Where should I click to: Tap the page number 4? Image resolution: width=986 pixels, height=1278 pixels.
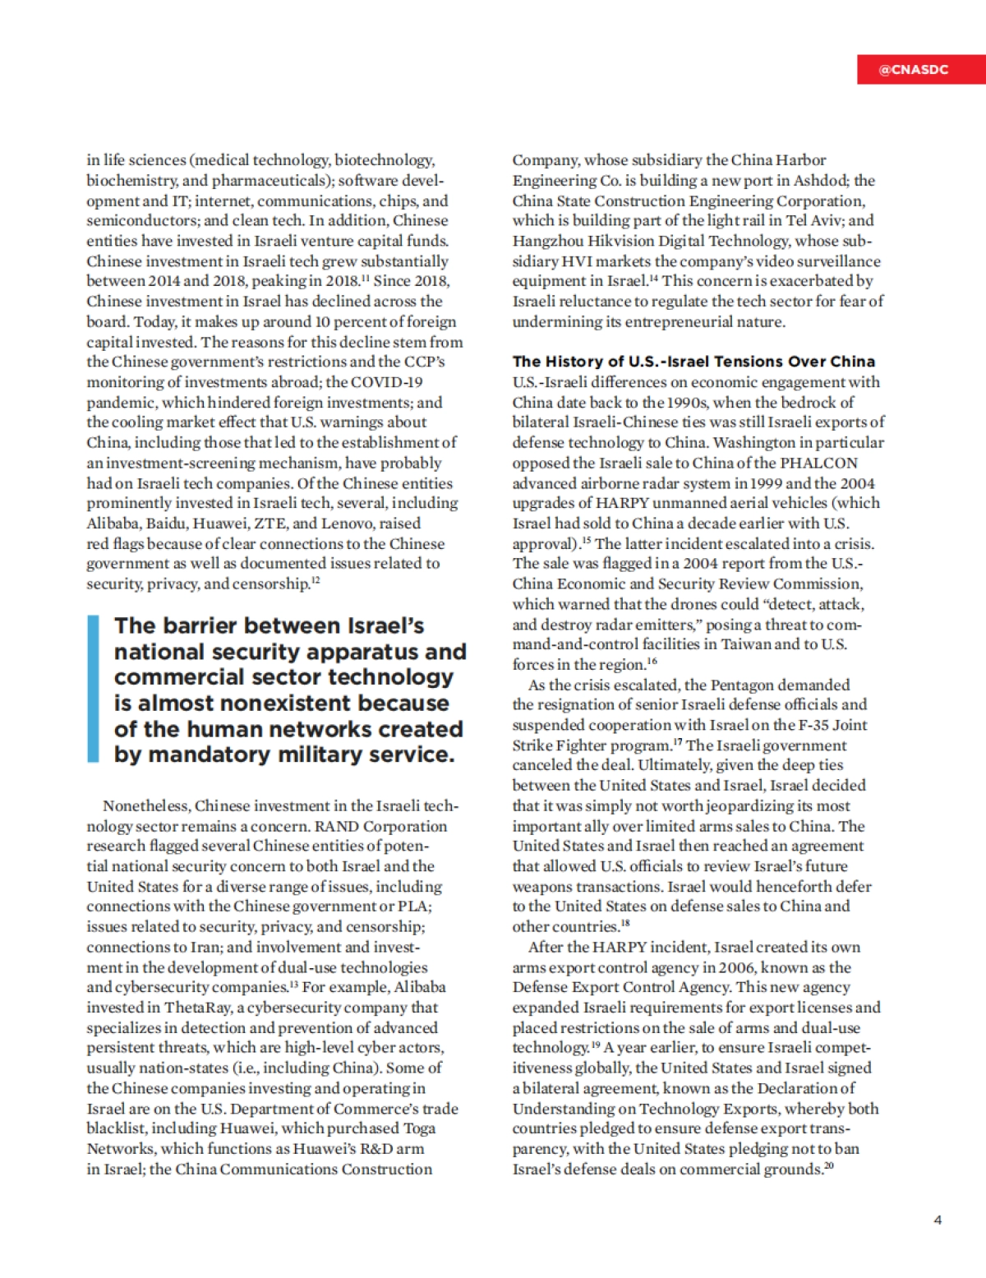(x=938, y=1220)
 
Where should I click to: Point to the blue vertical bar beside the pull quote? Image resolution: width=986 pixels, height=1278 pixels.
(x=93, y=689)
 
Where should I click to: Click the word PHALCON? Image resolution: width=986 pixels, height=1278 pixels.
(x=818, y=463)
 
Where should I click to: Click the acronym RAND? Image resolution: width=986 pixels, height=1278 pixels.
(x=336, y=826)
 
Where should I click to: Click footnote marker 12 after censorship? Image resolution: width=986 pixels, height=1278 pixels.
(x=316, y=581)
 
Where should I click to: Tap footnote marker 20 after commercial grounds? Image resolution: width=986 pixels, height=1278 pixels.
(x=829, y=1166)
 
